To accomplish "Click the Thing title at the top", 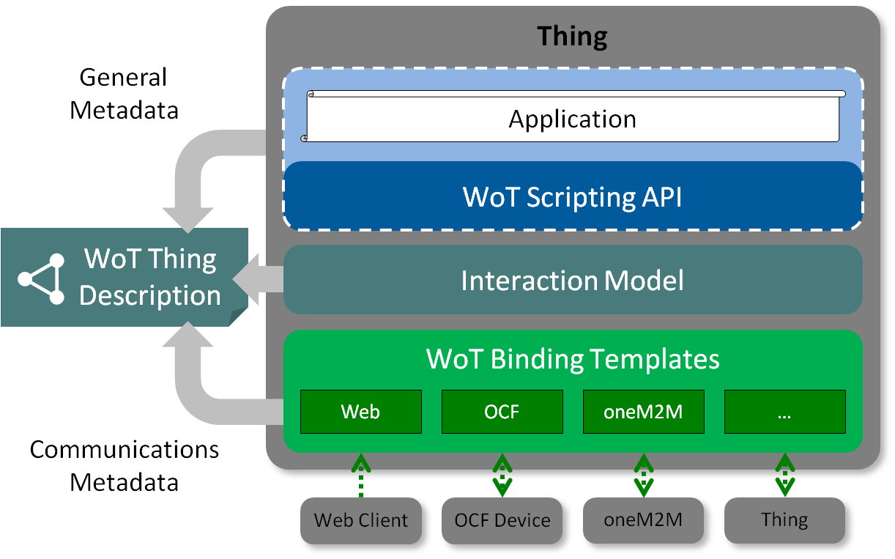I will [x=572, y=36].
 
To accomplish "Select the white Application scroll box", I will [x=572, y=118].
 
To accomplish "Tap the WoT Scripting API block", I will [x=572, y=196].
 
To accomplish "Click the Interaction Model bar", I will [x=572, y=280].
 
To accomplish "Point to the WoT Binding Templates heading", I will [x=572, y=359].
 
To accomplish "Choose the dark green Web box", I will [x=360, y=412].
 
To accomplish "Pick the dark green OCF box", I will [x=502, y=412].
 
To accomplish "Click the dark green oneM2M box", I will [x=643, y=412].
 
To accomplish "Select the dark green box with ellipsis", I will [x=784, y=412].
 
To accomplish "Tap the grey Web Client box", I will [x=361, y=520].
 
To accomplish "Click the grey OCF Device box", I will [x=502, y=520].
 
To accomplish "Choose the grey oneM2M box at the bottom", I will [x=643, y=520].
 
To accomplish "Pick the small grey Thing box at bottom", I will [x=784, y=520].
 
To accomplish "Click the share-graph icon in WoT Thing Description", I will [x=41, y=278].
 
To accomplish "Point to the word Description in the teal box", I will [x=149, y=295].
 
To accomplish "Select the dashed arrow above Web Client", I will [x=360, y=475].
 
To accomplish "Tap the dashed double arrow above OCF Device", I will [x=502, y=475].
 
